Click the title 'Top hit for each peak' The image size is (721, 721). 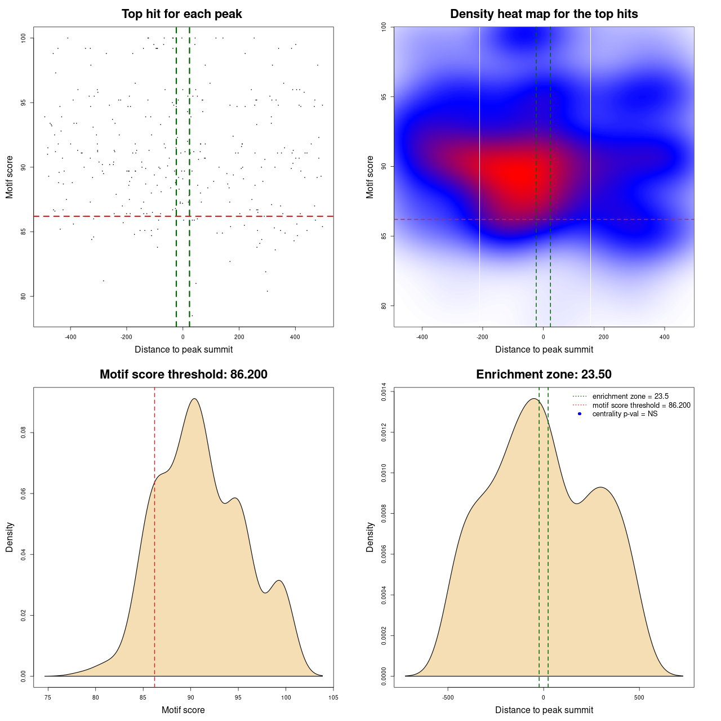181,14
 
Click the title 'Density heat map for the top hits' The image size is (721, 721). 544,14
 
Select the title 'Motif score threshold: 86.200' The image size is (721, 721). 183,375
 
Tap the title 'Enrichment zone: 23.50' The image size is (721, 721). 544,375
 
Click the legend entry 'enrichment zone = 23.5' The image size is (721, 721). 630,397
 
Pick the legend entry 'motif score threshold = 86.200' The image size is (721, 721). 641,406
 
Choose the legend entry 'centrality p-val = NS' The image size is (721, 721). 625,414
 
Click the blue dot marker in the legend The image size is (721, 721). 580,414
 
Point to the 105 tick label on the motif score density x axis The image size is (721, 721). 333,697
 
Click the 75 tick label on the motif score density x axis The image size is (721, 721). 48,697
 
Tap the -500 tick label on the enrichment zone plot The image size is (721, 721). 448,697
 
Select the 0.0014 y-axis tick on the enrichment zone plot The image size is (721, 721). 384,391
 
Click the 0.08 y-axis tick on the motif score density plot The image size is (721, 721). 24,433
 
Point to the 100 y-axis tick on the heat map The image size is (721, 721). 384,26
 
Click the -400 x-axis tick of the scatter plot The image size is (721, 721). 70,337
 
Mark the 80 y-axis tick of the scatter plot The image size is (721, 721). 24,296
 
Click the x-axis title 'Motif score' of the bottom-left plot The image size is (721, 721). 183,710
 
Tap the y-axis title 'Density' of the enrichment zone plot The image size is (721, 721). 370,537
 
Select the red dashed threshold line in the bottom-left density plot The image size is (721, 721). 154,563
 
